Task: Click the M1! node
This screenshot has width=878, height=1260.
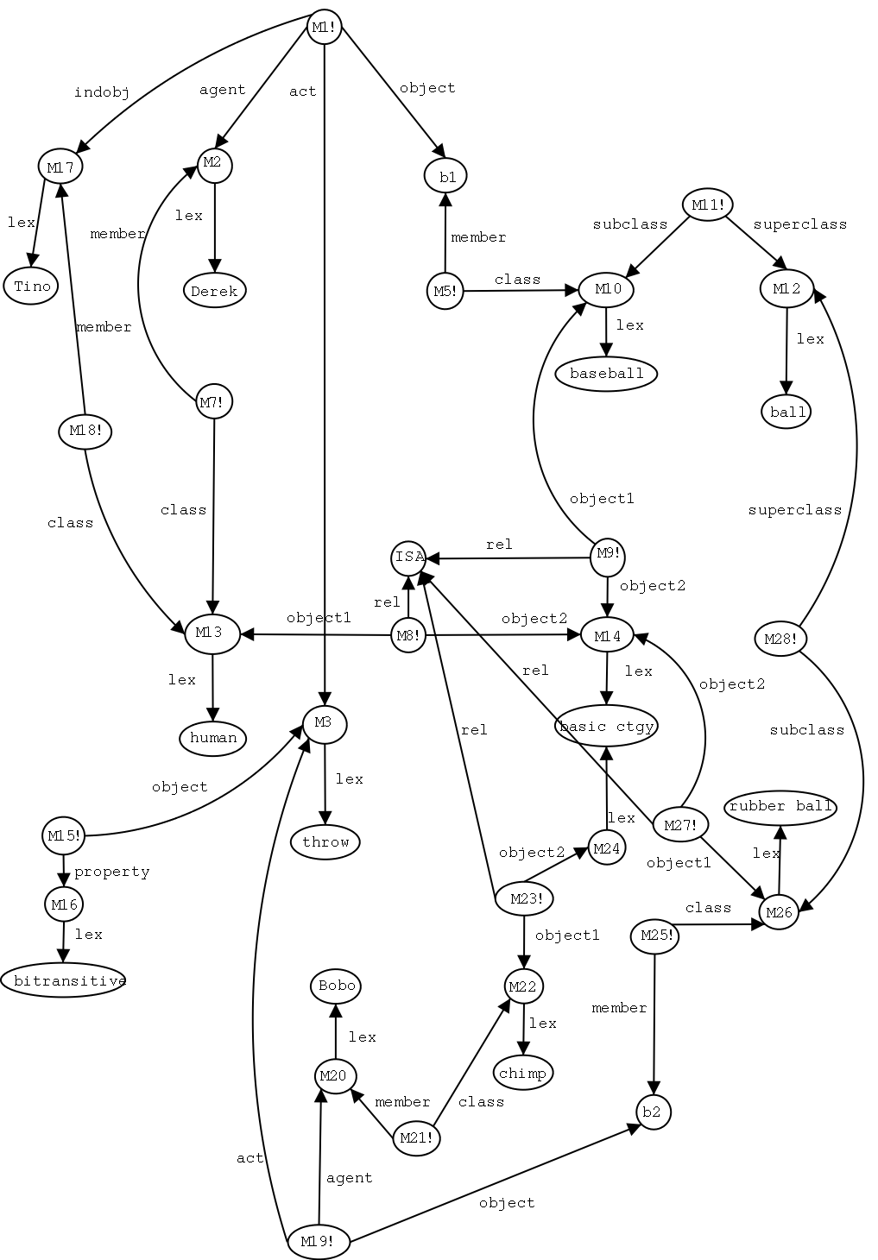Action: pos(324,28)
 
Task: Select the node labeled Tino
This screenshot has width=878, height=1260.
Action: pos(33,286)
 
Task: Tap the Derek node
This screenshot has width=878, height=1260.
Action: pos(214,291)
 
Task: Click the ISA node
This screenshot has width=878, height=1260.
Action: pos(409,558)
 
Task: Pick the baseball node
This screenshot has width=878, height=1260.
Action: pos(607,374)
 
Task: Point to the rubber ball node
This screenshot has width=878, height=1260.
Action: pos(780,807)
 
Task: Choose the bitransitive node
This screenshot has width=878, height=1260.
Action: pos(65,980)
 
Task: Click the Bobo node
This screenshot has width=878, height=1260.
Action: pos(336,986)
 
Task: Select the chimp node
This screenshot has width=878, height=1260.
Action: pos(523,1074)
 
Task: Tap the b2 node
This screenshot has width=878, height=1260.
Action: pos(653,1112)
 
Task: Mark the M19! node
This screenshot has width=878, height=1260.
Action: pos(319,1242)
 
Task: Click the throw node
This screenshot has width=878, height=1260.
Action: pos(325,841)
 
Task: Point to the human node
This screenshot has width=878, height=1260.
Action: pos(213,738)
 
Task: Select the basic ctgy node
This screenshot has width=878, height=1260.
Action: pos(606,727)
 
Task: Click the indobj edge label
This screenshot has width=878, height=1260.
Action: pos(102,93)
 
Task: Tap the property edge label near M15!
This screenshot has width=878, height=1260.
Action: pos(112,872)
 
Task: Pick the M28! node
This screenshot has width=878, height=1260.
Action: pos(780,639)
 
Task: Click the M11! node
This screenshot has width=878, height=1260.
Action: pos(708,205)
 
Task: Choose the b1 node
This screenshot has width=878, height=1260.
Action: pos(446,177)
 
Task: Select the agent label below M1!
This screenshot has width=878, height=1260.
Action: pos(223,90)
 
